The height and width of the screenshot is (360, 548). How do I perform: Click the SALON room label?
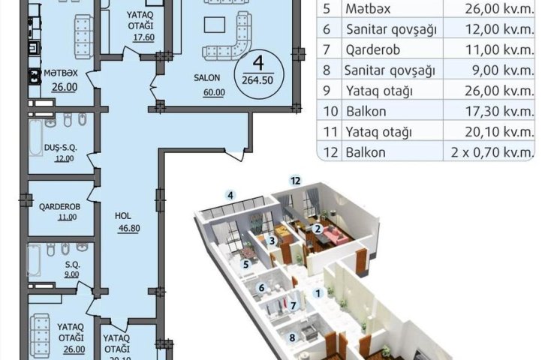pyautogui.click(x=207, y=77)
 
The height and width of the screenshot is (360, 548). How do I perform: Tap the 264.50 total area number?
pyautogui.click(x=257, y=80)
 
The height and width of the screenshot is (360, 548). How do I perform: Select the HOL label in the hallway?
pyautogui.click(x=123, y=216)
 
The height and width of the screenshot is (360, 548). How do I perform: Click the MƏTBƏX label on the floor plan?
pyautogui.click(x=61, y=73)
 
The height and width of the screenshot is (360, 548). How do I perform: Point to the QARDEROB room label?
pyautogui.click(x=59, y=207)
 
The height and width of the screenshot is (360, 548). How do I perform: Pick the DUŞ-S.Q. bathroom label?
pyautogui.click(x=61, y=148)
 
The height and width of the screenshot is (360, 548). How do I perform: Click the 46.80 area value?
pyautogui.click(x=128, y=228)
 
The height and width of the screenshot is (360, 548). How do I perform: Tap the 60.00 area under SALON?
pyautogui.click(x=214, y=92)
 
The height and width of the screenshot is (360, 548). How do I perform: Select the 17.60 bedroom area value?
pyautogui.click(x=143, y=37)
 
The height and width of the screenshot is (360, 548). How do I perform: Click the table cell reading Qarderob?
pyautogui.click(x=373, y=50)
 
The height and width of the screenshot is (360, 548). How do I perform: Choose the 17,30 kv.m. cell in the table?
pyautogui.click(x=499, y=112)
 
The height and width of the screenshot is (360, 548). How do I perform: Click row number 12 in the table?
pyautogui.click(x=330, y=152)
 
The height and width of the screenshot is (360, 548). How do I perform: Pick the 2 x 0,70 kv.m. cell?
pyautogui.click(x=492, y=152)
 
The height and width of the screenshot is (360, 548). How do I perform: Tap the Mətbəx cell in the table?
pyautogui.click(x=368, y=9)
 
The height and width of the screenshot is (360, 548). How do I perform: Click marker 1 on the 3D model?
pyautogui.click(x=318, y=293)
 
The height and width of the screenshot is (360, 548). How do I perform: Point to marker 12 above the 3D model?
pyautogui.click(x=296, y=181)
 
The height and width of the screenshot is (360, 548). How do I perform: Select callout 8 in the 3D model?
pyautogui.click(x=292, y=337)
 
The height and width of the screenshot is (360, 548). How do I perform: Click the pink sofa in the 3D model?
pyautogui.click(x=336, y=235)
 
